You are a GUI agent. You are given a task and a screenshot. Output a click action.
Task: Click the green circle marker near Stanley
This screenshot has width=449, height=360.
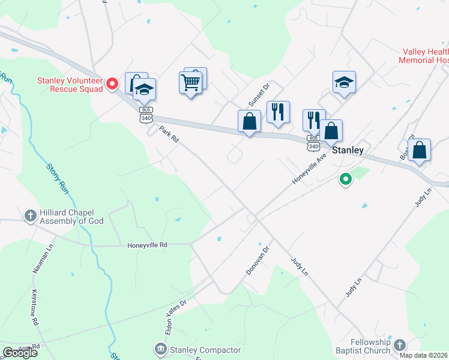(x=345, y=179)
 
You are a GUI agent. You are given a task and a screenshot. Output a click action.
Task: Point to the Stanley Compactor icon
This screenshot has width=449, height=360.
(x=160, y=349)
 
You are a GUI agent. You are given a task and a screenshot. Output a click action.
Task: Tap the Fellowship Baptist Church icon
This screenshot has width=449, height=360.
(x=399, y=345)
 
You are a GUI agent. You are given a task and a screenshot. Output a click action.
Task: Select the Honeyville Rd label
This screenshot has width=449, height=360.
(x=147, y=245)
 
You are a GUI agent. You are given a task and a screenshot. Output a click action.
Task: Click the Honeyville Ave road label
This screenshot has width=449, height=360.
(x=309, y=169)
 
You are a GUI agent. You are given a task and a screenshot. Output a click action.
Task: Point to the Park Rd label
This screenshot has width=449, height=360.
(x=169, y=134)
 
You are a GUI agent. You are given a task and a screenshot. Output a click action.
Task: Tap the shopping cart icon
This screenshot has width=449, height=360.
(x=191, y=82)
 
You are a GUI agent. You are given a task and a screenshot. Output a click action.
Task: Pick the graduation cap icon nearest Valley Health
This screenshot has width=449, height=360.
(x=345, y=82)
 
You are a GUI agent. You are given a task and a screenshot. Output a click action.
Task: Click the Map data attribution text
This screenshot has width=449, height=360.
(x=424, y=355)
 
